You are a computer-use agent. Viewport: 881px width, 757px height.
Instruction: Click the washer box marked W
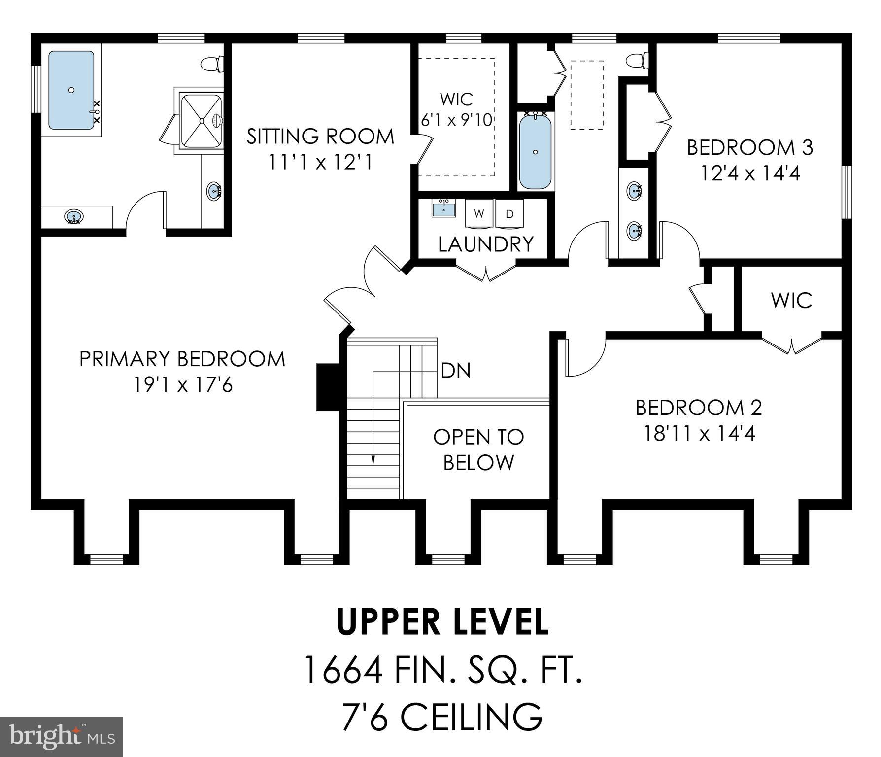click(x=479, y=214)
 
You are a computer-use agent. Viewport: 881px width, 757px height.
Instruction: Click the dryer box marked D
click(x=510, y=214)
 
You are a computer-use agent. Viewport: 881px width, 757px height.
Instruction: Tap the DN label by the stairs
click(x=456, y=371)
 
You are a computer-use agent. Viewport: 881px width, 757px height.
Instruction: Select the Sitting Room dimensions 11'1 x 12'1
click(x=320, y=162)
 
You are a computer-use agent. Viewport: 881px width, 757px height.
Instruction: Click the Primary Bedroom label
click(x=182, y=359)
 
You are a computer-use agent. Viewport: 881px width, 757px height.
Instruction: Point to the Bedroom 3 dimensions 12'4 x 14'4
click(x=750, y=173)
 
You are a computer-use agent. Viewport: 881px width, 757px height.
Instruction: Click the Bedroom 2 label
click(x=699, y=408)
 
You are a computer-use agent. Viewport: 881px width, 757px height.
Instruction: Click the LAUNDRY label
click(x=486, y=244)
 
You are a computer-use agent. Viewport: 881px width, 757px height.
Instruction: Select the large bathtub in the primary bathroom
click(x=71, y=90)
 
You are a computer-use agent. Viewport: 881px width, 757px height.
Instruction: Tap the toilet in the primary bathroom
click(x=212, y=64)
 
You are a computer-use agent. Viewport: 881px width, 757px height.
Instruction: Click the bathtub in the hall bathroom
click(x=536, y=151)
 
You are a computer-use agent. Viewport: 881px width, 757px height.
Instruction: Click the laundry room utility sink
click(x=444, y=208)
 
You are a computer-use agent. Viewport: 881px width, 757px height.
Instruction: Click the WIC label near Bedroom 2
click(x=791, y=300)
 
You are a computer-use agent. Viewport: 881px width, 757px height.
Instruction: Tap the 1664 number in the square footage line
click(x=343, y=670)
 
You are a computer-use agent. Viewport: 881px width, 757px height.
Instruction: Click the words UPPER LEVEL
click(x=442, y=622)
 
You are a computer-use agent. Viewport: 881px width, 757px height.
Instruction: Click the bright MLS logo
click(x=62, y=736)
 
